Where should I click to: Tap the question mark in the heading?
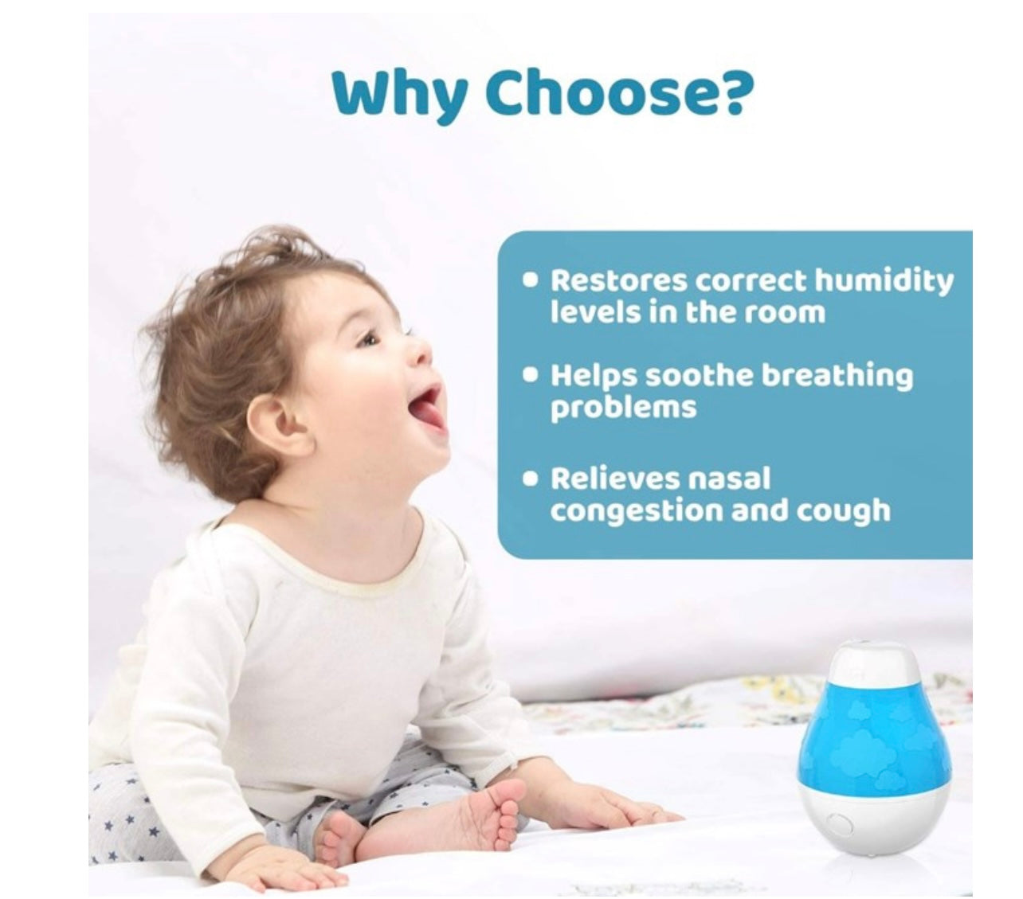click(734, 92)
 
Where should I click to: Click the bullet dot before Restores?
click(530, 279)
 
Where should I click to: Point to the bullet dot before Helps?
click(530, 376)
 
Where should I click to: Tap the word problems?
click(623, 408)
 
